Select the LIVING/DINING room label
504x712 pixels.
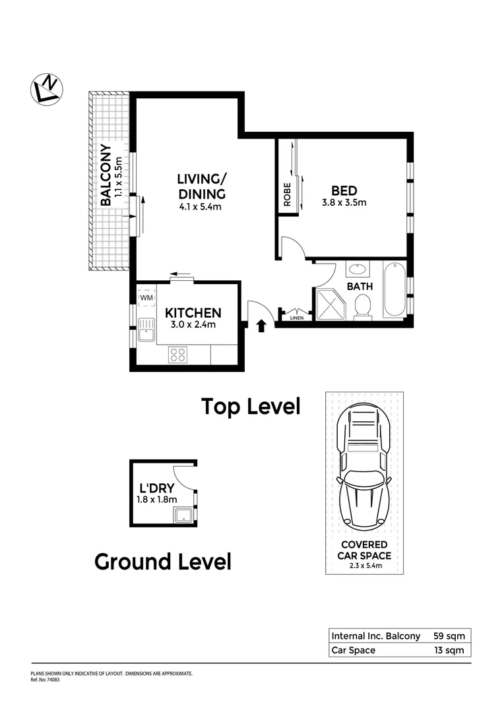[201, 187]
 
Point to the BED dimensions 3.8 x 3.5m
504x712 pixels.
[344, 203]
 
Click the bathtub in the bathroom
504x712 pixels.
[394, 289]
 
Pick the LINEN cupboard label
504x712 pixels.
[298, 319]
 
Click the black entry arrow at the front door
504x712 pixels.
[261, 325]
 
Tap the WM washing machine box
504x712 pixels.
[146, 298]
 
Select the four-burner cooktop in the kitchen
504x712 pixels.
[177, 354]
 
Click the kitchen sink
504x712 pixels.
[145, 330]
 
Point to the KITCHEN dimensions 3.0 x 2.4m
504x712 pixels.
[193, 324]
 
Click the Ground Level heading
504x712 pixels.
[162, 562]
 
